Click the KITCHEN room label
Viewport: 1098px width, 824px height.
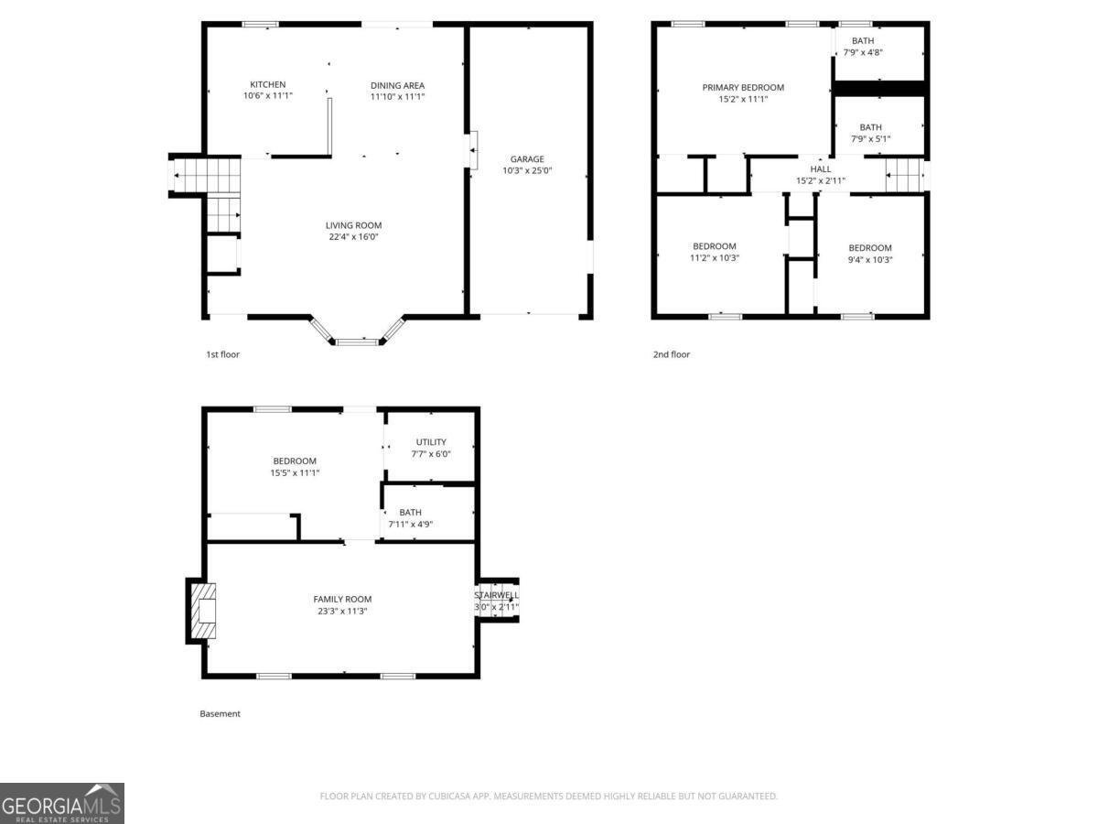pyautogui.click(x=267, y=84)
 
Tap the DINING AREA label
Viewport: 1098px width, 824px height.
pyautogui.click(x=397, y=85)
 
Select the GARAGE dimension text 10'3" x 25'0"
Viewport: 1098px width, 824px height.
pyautogui.click(x=527, y=170)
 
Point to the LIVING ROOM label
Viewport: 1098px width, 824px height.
pyautogui.click(x=354, y=225)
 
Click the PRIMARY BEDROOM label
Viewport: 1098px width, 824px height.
pyautogui.click(x=743, y=88)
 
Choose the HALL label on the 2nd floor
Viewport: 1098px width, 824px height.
pyautogui.click(x=821, y=169)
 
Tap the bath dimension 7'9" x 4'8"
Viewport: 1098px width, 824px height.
pyautogui.click(x=863, y=52)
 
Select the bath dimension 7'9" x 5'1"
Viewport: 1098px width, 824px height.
pyautogui.click(x=870, y=139)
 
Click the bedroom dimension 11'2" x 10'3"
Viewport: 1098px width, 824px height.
pyautogui.click(x=715, y=258)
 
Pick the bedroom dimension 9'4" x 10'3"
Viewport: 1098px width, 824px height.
pyautogui.click(x=870, y=260)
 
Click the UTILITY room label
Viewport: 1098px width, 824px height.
pyautogui.click(x=431, y=442)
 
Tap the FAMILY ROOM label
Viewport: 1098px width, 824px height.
pyautogui.click(x=342, y=600)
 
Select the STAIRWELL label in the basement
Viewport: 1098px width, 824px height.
pyautogui.click(x=496, y=595)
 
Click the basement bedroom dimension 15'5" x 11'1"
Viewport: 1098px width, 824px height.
pyautogui.click(x=295, y=472)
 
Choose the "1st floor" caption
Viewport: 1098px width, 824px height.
pyautogui.click(x=222, y=354)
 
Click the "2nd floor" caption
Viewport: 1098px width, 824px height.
pyautogui.click(x=672, y=354)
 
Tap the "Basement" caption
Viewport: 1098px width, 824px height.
pyautogui.click(x=221, y=714)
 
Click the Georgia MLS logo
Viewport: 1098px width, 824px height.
pyautogui.click(x=62, y=803)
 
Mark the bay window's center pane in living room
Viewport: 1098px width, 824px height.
pyautogui.click(x=357, y=342)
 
